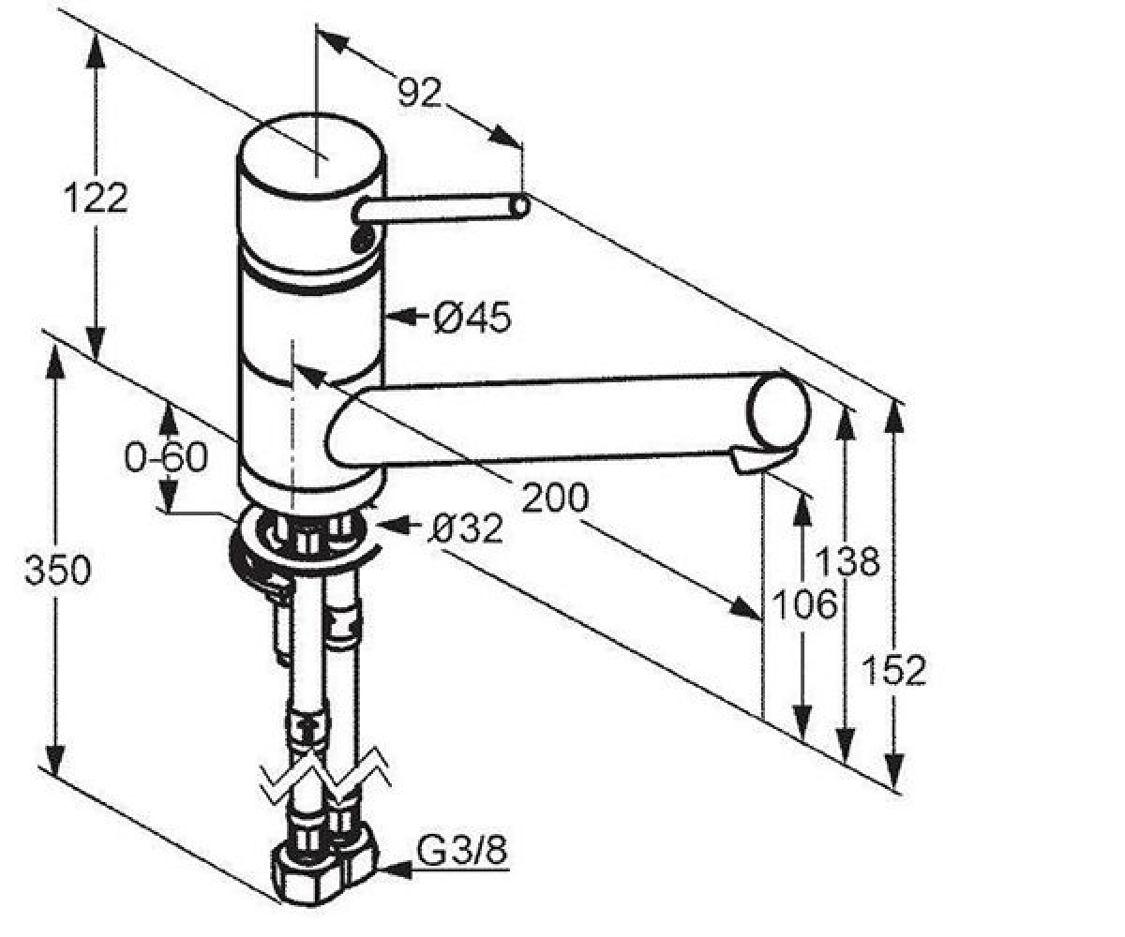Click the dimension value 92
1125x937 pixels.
coord(420,93)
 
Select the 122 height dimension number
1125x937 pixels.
coord(96,198)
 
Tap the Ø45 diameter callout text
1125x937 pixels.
coord(472,318)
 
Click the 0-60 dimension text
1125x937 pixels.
coord(166,458)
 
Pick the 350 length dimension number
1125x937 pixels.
coord(57,570)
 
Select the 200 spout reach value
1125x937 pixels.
coord(555,498)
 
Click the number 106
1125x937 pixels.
coord(805,603)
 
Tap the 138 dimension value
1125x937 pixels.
coord(847,560)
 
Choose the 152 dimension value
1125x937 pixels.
coord(893,671)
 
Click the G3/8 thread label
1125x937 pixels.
coord(462,850)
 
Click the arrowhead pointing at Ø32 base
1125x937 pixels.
coord(395,524)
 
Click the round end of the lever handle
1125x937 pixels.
coord(520,207)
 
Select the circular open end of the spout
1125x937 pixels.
coord(778,411)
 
